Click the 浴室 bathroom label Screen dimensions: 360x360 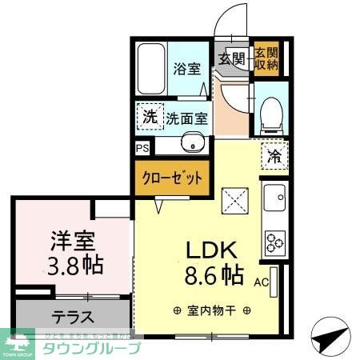186,70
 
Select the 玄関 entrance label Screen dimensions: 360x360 233,58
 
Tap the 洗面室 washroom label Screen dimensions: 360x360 186,118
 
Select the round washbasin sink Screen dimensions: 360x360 190,145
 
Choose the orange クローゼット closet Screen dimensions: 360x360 172,178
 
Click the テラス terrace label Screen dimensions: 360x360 73,315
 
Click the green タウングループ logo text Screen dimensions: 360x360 92,349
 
